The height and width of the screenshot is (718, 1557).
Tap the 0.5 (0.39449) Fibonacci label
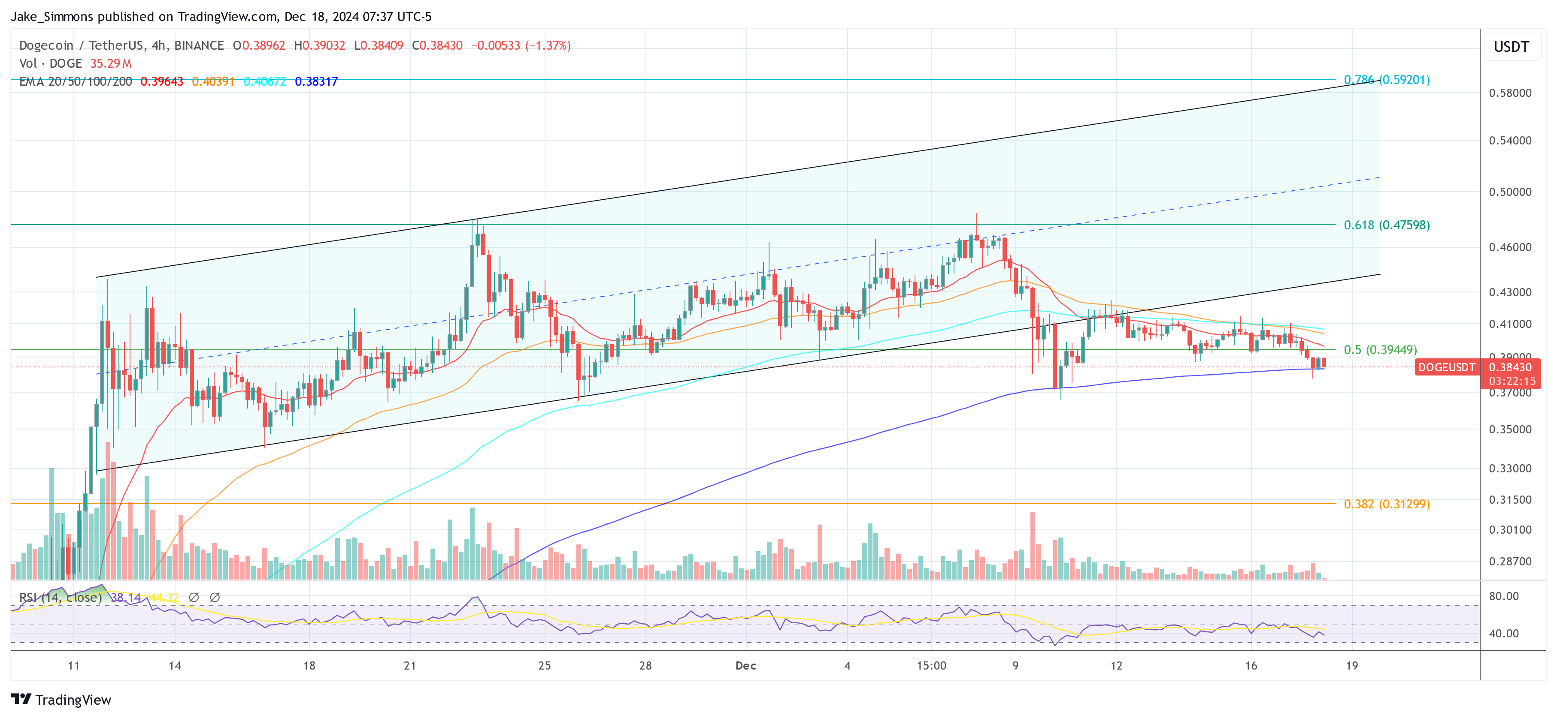pos(1379,350)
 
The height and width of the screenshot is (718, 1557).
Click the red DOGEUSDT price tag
pos(1446,367)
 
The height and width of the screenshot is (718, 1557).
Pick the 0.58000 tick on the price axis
pos(1510,93)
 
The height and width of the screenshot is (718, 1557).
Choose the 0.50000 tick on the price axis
pos(1510,192)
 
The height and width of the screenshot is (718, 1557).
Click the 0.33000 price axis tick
pos(1510,469)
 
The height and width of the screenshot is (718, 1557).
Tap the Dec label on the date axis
pos(745,665)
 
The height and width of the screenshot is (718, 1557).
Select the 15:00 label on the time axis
pos(931,665)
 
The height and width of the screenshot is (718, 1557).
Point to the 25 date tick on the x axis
pos(544,665)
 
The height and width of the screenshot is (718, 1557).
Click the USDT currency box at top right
pos(1511,47)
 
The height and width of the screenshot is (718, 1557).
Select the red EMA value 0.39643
pos(161,81)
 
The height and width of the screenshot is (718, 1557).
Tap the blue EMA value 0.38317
pos(316,81)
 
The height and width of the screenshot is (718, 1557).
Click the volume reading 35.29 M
pos(111,63)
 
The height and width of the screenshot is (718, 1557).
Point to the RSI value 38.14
pos(126,597)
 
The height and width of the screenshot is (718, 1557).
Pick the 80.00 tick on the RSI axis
pos(1503,596)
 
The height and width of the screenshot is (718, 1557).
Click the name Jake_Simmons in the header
pos(52,16)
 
